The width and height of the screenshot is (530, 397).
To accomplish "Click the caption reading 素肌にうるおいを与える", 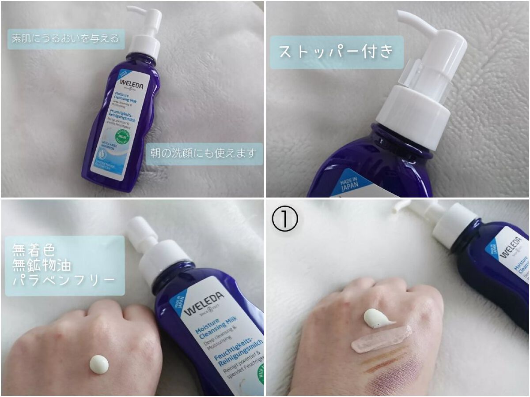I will tap(65, 38).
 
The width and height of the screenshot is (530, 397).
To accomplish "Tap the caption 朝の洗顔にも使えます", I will tap(204, 154).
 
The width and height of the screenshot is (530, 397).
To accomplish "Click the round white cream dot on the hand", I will tap(98, 364).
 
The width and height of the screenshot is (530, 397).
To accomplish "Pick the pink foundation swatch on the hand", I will tap(381, 339).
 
